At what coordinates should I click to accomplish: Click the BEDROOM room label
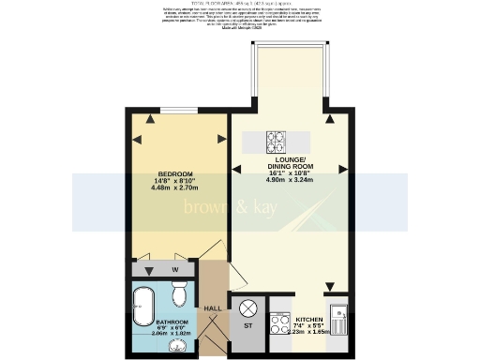coord(175,174)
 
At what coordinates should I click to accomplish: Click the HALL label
coord(213,307)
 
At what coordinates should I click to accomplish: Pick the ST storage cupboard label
coord(248,327)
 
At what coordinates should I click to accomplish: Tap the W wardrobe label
coord(174,270)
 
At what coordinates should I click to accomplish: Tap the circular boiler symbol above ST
coord(248,307)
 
